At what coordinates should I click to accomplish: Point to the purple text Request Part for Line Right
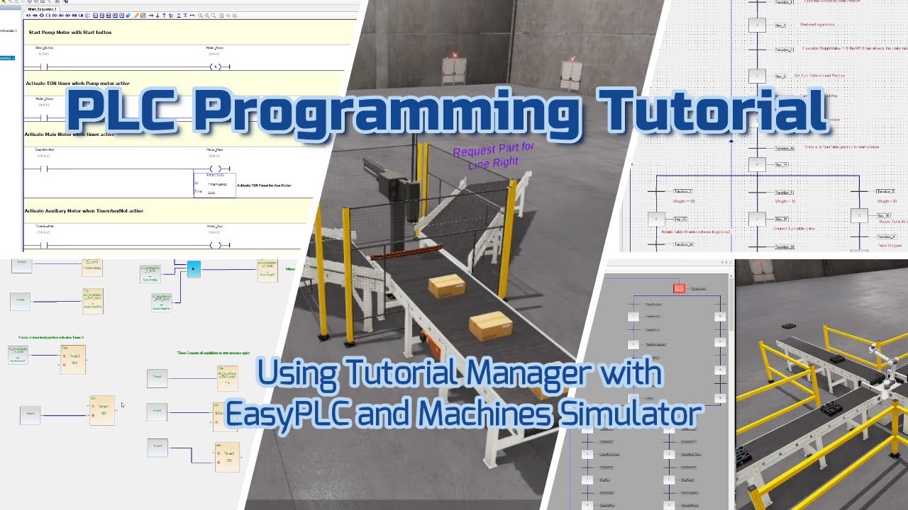coord(494,156)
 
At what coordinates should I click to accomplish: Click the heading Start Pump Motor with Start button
coord(70,33)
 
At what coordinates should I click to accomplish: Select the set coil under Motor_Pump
coord(218,67)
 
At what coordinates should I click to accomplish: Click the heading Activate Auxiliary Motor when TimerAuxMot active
coord(84,210)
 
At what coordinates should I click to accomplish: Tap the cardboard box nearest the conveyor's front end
coord(491,324)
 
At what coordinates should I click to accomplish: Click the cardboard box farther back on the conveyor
coord(447,285)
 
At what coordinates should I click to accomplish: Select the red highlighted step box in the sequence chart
coord(679,288)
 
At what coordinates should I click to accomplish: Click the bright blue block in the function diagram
coord(194,268)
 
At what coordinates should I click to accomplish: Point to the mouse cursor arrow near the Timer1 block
coord(122,405)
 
